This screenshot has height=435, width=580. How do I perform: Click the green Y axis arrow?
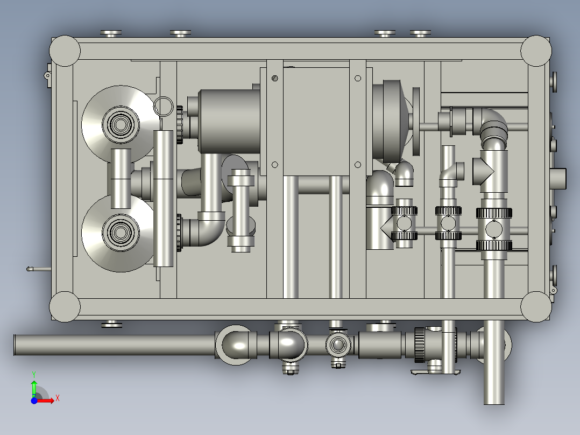click(34, 387)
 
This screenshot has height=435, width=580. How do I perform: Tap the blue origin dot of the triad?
click(34, 401)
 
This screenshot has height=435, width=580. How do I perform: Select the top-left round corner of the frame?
click(65, 51)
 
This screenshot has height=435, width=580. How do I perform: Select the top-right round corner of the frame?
click(536, 51)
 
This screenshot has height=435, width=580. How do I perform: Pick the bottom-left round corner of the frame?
click(65, 306)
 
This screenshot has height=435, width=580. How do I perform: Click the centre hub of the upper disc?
click(120, 124)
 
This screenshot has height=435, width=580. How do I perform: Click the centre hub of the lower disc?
click(120, 233)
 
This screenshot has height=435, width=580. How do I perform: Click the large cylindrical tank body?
click(229, 122)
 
